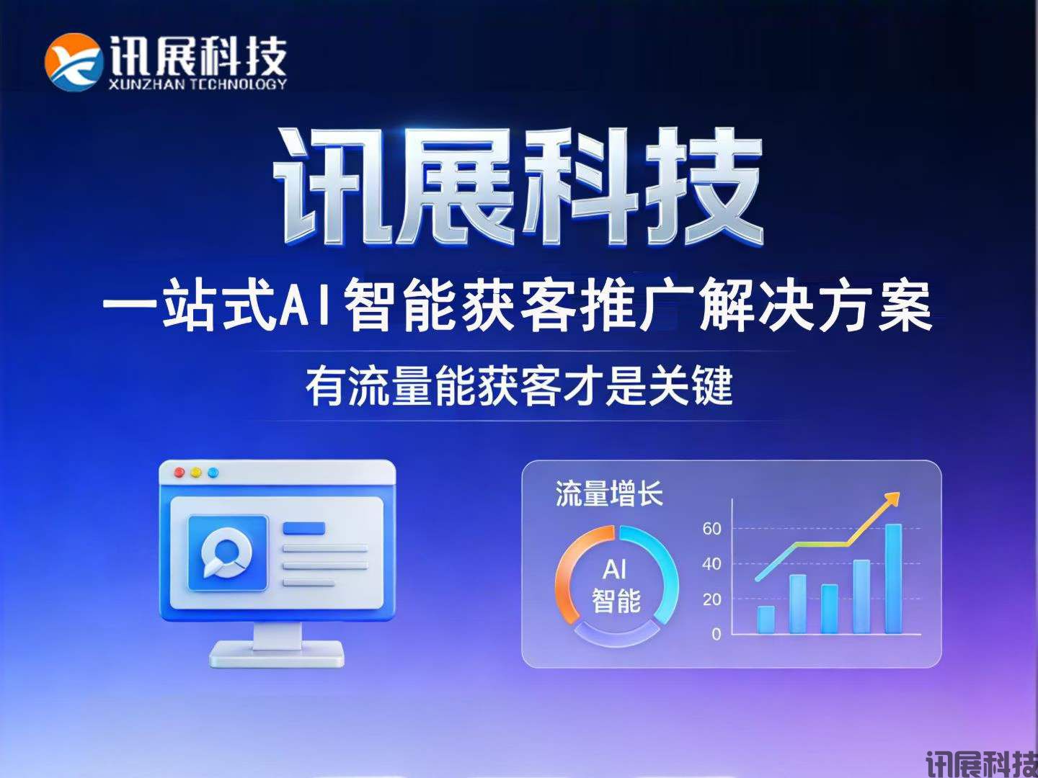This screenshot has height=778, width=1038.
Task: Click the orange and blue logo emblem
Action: coord(73,62)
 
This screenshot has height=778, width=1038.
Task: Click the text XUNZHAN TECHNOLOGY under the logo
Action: coord(197,84)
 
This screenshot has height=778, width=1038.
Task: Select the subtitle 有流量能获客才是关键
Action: coord(519,387)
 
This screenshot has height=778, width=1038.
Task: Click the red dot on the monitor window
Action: coord(179,473)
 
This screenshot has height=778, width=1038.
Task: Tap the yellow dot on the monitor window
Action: coord(196,473)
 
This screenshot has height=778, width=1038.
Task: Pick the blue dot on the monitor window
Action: coord(213,473)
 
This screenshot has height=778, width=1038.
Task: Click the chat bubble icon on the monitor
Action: coord(227,553)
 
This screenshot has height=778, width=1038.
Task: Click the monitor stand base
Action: coord(277,656)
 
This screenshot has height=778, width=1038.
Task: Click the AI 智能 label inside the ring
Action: coord(616,585)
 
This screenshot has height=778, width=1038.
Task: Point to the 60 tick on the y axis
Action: coord(711,529)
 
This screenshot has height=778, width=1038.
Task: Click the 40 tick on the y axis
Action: coord(711,564)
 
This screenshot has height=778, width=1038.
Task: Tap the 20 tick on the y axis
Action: coord(711,599)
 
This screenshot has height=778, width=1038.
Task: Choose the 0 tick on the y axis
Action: coord(716,635)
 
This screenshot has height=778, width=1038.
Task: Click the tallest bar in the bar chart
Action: coord(893,578)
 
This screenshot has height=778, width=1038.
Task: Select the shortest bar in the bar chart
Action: coord(766,620)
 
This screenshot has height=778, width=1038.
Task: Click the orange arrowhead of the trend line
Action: coord(892,498)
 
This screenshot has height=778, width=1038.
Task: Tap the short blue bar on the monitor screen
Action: coord(303,529)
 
